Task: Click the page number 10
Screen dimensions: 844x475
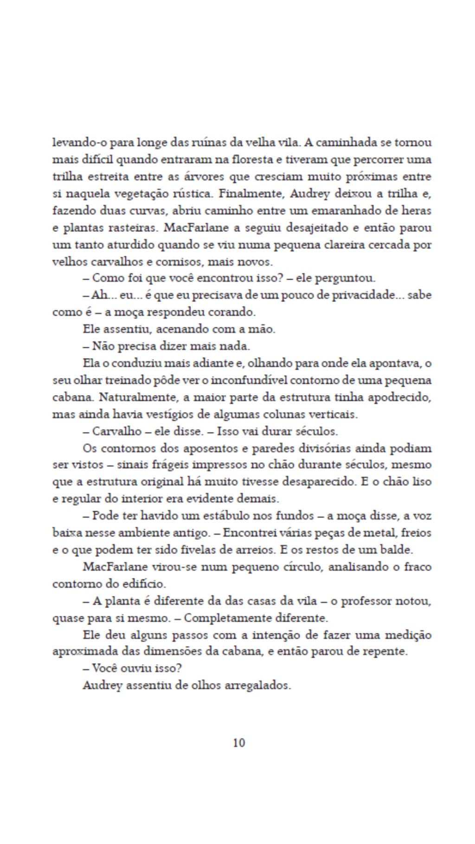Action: click(x=238, y=742)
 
